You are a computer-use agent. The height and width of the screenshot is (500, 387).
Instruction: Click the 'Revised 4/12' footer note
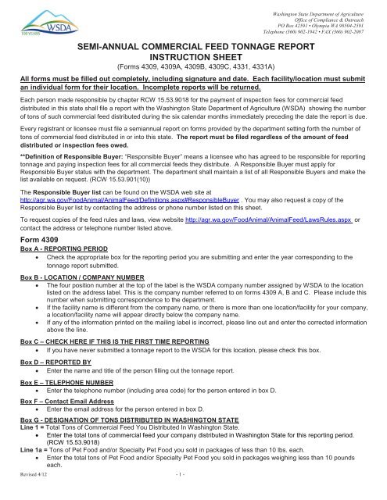point(34,495)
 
